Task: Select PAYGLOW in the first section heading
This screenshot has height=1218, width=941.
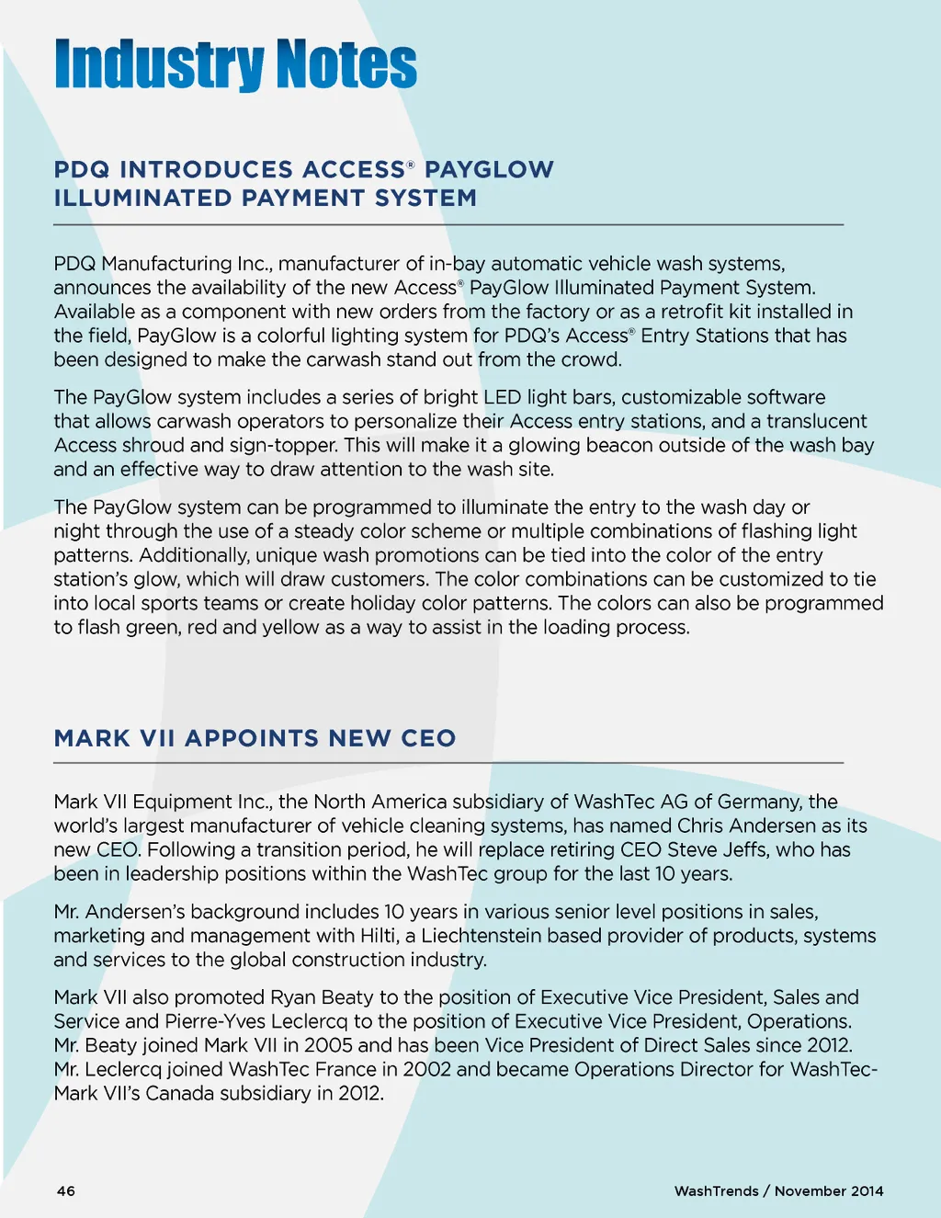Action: pyautogui.click(x=489, y=170)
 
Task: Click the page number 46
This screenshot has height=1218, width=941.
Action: pyautogui.click(x=66, y=1191)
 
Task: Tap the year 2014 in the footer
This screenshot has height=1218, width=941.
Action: pyautogui.click(x=867, y=1191)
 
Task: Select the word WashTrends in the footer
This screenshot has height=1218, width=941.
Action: pyautogui.click(x=716, y=1191)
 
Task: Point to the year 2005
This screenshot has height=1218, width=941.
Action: pyautogui.click(x=328, y=1045)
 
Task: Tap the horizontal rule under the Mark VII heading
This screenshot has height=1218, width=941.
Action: pyautogui.click(x=448, y=763)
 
